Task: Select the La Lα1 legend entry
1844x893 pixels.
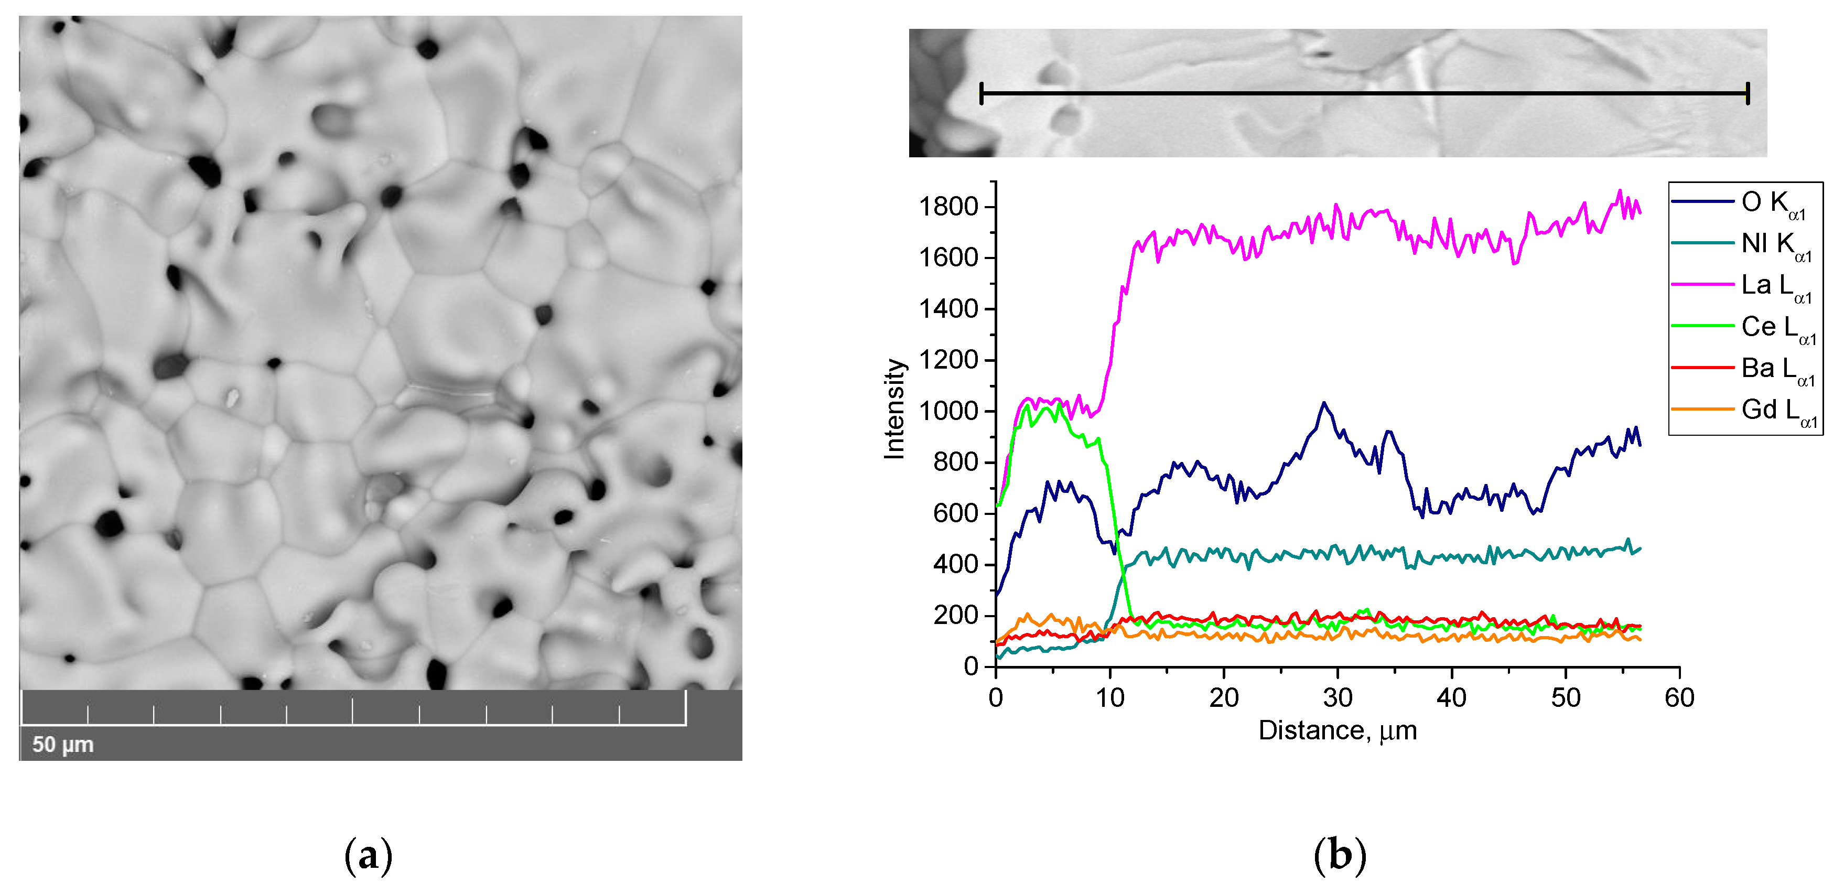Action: pos(1775,286)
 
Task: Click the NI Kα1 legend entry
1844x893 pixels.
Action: pos(1775,245)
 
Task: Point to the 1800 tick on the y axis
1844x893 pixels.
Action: pos(948,207)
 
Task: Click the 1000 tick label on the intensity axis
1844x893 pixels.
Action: pos(948,411)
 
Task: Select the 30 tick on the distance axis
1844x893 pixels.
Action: pos(1337,697)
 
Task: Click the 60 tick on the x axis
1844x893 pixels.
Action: pos(1679,697)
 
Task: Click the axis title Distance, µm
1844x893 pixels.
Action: pos(1337,730)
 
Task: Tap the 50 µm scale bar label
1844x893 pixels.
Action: pos(63,744)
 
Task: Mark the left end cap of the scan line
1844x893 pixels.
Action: pos(982,93)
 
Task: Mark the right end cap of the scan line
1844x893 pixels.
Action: pos(1748,93)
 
